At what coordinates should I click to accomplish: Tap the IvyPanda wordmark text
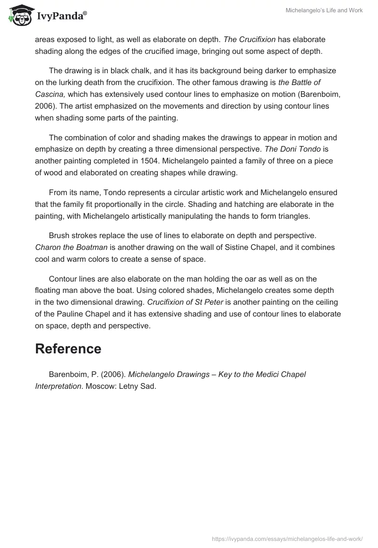(61, 16)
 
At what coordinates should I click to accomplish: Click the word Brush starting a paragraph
(60, 235)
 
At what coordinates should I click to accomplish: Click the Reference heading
(68, 349)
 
